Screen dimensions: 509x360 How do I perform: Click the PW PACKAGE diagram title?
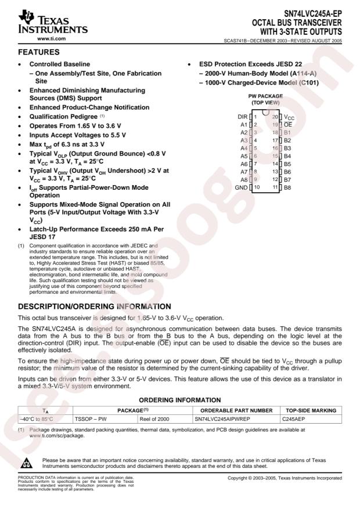[265, 96]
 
